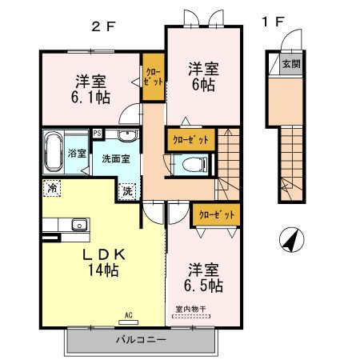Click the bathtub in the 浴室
(x=54, y=152)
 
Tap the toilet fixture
(x=194, y=165)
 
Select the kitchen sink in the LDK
(x=79, y=225)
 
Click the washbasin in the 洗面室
(x=128, y=135)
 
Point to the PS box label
(x=98, y=133)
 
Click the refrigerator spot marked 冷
(x=52, y=188)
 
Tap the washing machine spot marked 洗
(x=127, y=191)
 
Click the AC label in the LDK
(x=129, y=315)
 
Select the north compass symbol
(x=291, y=240)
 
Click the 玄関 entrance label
(x=291, y=64)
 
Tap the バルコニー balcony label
(x=141, y=340)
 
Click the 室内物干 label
(x=190, y=309)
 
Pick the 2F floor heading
(x=103, y=26)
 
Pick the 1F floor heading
(x=273, y=22)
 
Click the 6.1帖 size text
(x=90, y=98)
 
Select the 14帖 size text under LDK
(x=103, y=270)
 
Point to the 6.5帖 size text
(x=203, y=286)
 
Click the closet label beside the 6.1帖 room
(x=153, y=77)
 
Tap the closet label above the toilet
(x=190, y=139)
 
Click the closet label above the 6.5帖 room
(x=217, y=214)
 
